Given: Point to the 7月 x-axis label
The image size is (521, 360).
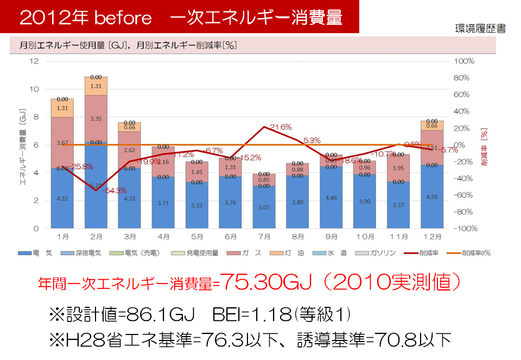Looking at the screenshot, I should pos(264,237).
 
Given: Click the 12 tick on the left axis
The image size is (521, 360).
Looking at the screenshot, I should pos(34,61).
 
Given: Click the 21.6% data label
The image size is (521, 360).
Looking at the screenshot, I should pos(281,127).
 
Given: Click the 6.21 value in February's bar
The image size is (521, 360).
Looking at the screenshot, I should pos(96,185).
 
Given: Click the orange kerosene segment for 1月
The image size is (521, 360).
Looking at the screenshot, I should pos(62,108).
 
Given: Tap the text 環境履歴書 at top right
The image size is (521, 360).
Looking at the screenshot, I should pos(480,29).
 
